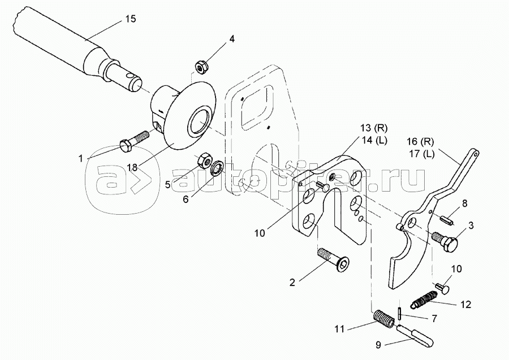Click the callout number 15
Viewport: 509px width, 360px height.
tap(131, 19)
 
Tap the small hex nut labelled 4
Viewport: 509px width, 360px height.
tap(200, 67)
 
